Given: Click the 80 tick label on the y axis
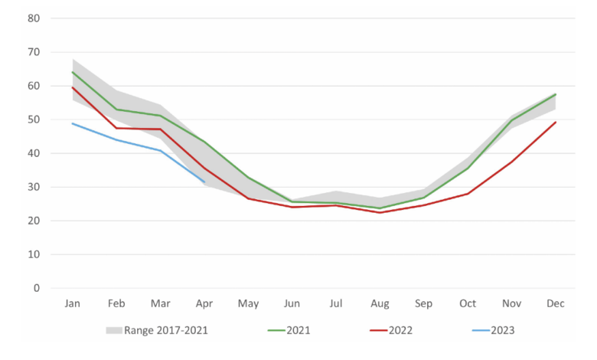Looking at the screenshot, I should [34, 18].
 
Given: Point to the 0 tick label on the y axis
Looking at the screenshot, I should [36, 288].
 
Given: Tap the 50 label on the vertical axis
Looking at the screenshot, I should [34, 119].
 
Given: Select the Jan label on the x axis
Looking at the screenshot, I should [73, 304].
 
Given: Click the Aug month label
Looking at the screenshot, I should [380, 304].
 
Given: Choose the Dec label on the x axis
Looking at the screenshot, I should [556, 304].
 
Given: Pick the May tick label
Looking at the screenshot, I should [248, 304].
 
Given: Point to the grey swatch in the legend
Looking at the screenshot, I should [115, 330].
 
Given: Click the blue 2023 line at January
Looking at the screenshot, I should [73, 123].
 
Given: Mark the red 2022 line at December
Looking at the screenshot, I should [556, 123].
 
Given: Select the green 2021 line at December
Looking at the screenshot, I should [556, 94].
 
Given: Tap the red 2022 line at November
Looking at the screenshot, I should [511, 162].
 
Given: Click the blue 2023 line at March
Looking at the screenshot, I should [161, 150].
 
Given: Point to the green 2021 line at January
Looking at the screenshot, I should [73, 72].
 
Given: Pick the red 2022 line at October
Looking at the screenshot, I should [468, 194].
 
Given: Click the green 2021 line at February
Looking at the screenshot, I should [117, 109].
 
